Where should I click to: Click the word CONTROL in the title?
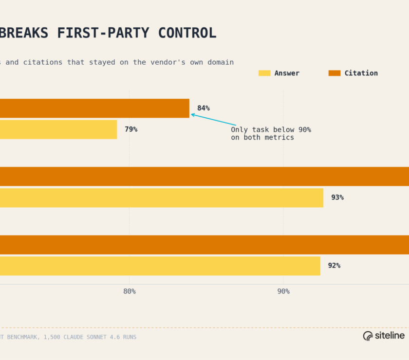[187, 33]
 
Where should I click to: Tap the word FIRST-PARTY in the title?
[103, 33]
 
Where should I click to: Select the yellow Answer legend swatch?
[264, 73]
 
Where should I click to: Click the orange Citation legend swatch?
[335, 73]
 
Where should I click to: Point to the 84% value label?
[204, 108]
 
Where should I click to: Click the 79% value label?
[131, 129]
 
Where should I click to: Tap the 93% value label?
[337, 198]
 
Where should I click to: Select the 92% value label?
[334, 266]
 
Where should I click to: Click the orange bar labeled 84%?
[94, 108]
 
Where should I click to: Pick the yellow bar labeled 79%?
[58, 129]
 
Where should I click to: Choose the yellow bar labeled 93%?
[162, 198]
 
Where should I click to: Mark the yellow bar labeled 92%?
[160, 266]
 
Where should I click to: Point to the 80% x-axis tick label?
[130, 291]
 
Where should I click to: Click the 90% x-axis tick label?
[283, 291]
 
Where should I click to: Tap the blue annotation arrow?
[214, 120]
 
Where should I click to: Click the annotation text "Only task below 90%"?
[271, 129]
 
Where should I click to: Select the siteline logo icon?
[368, 336]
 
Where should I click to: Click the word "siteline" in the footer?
[390, 336]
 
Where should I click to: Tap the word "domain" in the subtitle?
[221, 62]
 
